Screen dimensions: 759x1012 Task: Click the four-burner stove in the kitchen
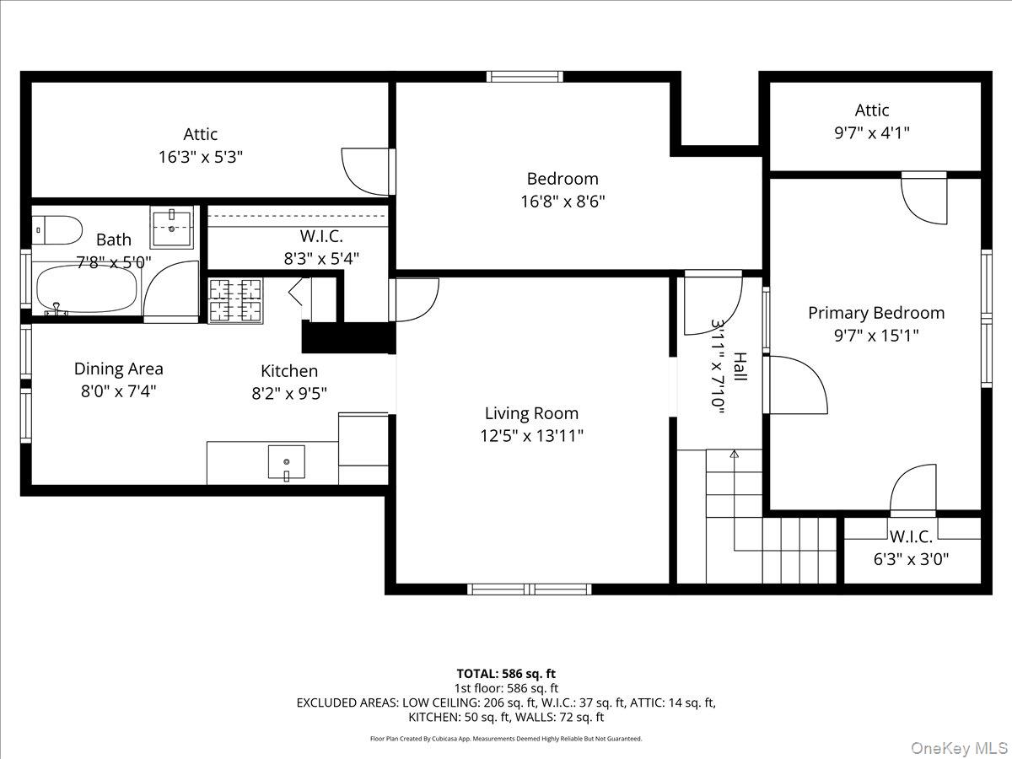point(235,300)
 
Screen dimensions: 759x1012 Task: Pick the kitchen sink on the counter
point(287,462)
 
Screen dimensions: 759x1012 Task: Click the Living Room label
point(531,413)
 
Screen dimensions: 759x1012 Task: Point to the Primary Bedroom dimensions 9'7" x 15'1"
point(876,335)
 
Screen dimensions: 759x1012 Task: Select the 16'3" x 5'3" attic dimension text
point(200,157)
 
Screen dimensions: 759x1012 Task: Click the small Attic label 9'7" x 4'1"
point(871,132)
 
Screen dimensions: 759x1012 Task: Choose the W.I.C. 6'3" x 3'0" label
point(911,558)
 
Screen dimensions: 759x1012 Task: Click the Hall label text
point(740,367)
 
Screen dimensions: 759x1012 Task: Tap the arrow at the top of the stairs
point(734,455)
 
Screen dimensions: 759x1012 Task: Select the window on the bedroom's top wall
point(525,77)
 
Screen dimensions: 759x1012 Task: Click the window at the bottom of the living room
point(530,589)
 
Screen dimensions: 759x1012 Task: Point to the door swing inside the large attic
point(363,171)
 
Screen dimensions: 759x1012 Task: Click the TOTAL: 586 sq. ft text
point(506,673)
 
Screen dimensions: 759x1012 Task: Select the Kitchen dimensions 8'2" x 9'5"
point(289,393)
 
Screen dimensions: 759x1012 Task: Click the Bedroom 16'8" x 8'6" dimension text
point(563,202)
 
